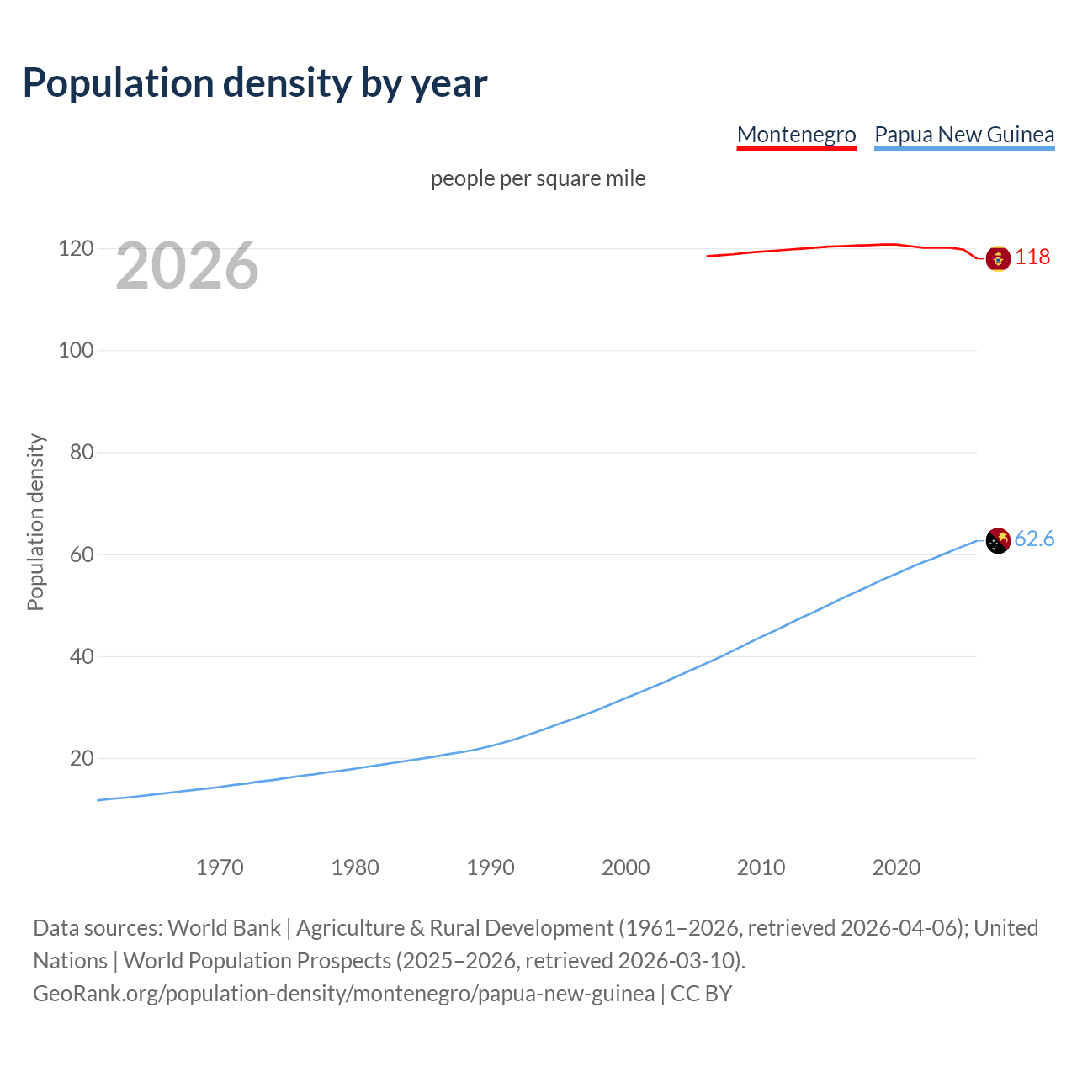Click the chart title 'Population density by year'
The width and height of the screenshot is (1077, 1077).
click(255, 83)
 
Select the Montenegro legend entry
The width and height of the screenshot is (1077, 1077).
click(796, 135)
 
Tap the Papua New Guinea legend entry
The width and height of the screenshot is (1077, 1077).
click(964, 135)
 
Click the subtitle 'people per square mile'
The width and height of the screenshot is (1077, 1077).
click(538, 178)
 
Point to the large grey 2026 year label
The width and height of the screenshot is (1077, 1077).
click(187, 266)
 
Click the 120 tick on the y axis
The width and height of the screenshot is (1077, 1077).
click(76, 248)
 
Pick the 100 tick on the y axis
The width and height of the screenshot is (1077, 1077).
click(76, 350)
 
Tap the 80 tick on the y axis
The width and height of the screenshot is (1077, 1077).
click(81, 452)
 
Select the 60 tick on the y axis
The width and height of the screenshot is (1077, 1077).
click(81, 554)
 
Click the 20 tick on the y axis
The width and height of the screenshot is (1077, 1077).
click(81, 758)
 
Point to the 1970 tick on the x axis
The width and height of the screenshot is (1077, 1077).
click(220, 867)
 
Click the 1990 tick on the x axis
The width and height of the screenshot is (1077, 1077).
click(491, 867)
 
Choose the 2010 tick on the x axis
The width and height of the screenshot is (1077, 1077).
click(761, 867)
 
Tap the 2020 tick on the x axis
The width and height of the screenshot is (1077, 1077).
click(896, 867)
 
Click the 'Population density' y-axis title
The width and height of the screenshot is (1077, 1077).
click(35, 522)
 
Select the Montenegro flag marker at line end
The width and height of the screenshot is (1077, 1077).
click(998, 258)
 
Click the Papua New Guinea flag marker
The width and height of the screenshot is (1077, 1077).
click(998, 540)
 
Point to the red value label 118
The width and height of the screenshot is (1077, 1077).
click(1032, 257)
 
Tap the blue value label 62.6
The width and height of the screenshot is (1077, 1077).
click(1034, 538)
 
